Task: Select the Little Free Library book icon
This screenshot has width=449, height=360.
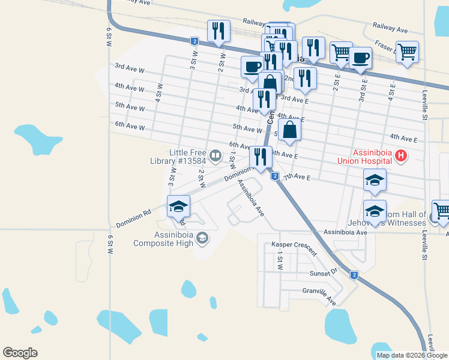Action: pos(214,156)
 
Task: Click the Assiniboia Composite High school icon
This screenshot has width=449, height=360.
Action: pos(202,239)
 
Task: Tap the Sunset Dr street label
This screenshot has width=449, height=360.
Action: pos(324,273)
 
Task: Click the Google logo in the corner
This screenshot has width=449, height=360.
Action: pos(20,353)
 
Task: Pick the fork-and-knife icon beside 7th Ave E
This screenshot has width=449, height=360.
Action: pos(261,157)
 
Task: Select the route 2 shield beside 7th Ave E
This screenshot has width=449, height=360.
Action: pos(274,176)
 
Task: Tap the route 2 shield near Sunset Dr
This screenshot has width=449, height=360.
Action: pos(354,275)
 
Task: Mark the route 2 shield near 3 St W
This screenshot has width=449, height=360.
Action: pos(194,41)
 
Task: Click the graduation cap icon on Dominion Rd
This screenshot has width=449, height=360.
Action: pos(178,206)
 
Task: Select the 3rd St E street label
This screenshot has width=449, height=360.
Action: pos(364,89)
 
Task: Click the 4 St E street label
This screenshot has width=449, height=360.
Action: pos(392,90)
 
